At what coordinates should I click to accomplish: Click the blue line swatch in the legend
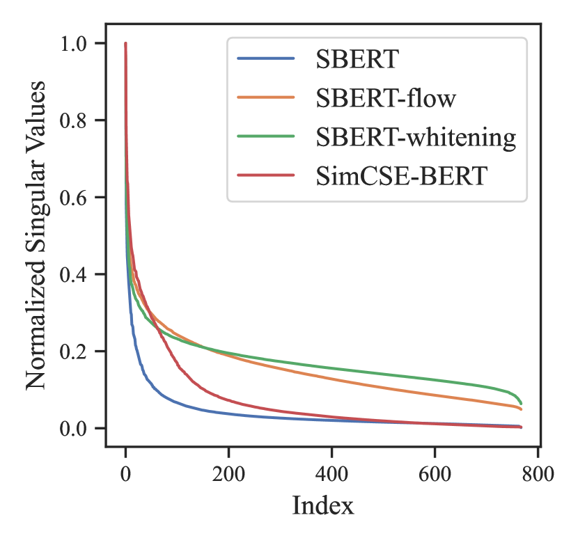coord(266,58)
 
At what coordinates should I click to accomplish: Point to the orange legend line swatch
coord(266,98)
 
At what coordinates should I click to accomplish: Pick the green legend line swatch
coord(266,138)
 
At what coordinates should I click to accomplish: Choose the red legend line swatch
coord(266,177)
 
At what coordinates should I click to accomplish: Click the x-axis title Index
coord(322,506)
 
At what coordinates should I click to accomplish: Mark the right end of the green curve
coord(521,404)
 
